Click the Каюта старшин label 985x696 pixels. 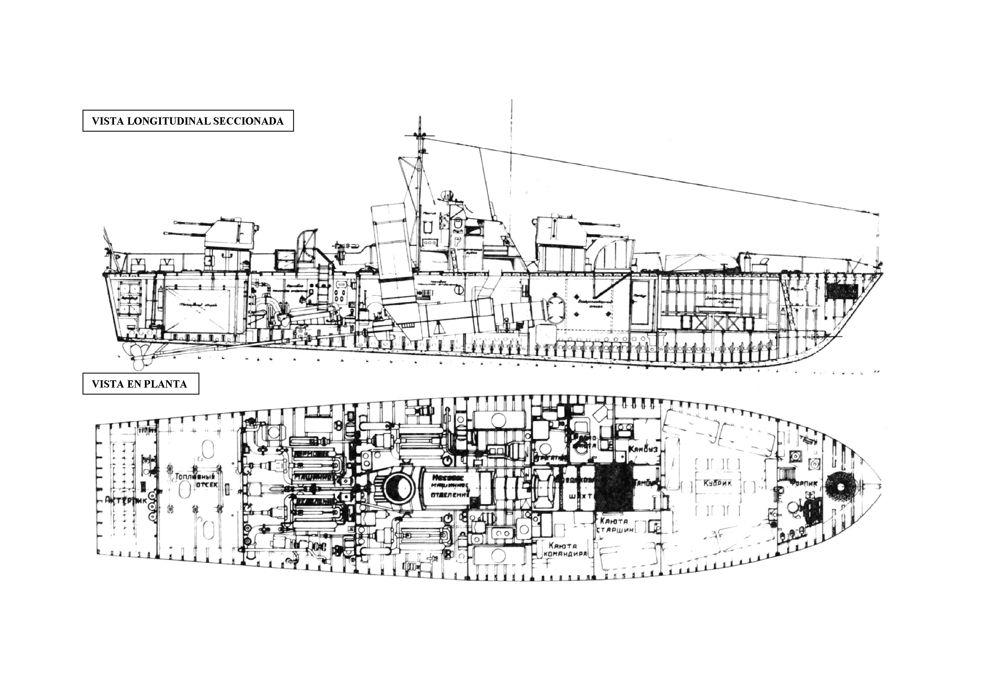tap(614, 525)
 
